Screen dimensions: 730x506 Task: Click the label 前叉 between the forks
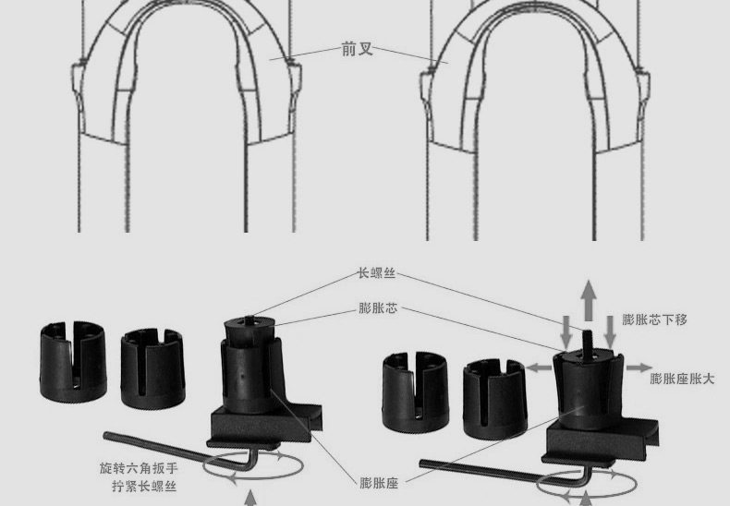click(x=357, y=49)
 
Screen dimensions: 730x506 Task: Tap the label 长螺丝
click(x=377, y=273)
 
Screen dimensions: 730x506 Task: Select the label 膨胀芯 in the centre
click(x=378, y=307)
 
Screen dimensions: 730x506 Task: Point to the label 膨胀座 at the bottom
click(x=379, y=483)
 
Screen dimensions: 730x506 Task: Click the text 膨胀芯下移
click(x=654, y=320)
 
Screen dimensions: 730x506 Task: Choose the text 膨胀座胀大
click(x=682, y=379)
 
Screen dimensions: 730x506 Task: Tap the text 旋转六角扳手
click(x=139, y=467)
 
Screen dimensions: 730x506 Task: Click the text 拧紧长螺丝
click(x=144, y=487)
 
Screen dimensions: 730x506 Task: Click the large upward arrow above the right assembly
click(x=589, y=300)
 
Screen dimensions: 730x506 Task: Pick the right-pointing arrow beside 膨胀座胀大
click(x=639, y=367)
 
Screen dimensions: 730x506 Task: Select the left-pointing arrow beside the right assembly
click(x=539, y=367)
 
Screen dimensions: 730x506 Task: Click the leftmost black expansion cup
click(x=73, y=361)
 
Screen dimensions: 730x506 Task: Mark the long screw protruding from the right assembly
click(x=588, y=342)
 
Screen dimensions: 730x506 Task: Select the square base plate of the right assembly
click(x=602, y=441)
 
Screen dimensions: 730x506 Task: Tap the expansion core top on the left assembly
click(x=250, y=330)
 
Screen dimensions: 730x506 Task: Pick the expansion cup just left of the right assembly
click(x=495, y=399)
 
